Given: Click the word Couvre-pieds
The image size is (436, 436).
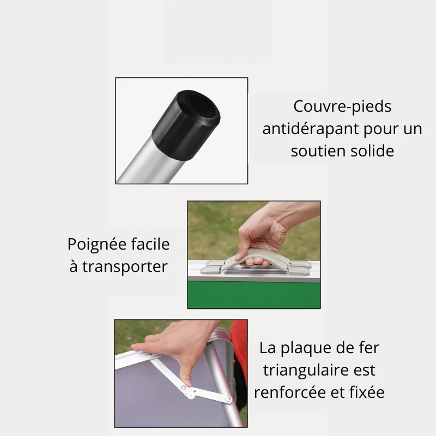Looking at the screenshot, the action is click(342, 107).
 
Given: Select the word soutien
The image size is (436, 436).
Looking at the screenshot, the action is click(317, 151).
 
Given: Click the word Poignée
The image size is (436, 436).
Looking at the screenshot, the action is click(97, 245).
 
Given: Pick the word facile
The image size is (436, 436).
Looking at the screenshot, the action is click(150, 244).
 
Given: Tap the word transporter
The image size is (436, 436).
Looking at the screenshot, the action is click(125, 267).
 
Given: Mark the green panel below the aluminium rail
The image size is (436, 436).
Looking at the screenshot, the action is click(254, 295).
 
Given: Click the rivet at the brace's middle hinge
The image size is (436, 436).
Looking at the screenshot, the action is click(183, 387).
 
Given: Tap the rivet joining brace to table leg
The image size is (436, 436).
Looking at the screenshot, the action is click(228, 399).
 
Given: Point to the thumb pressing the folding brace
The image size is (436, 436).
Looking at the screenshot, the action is click(186, 374).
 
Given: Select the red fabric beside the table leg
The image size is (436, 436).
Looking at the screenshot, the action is click(240, 350).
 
